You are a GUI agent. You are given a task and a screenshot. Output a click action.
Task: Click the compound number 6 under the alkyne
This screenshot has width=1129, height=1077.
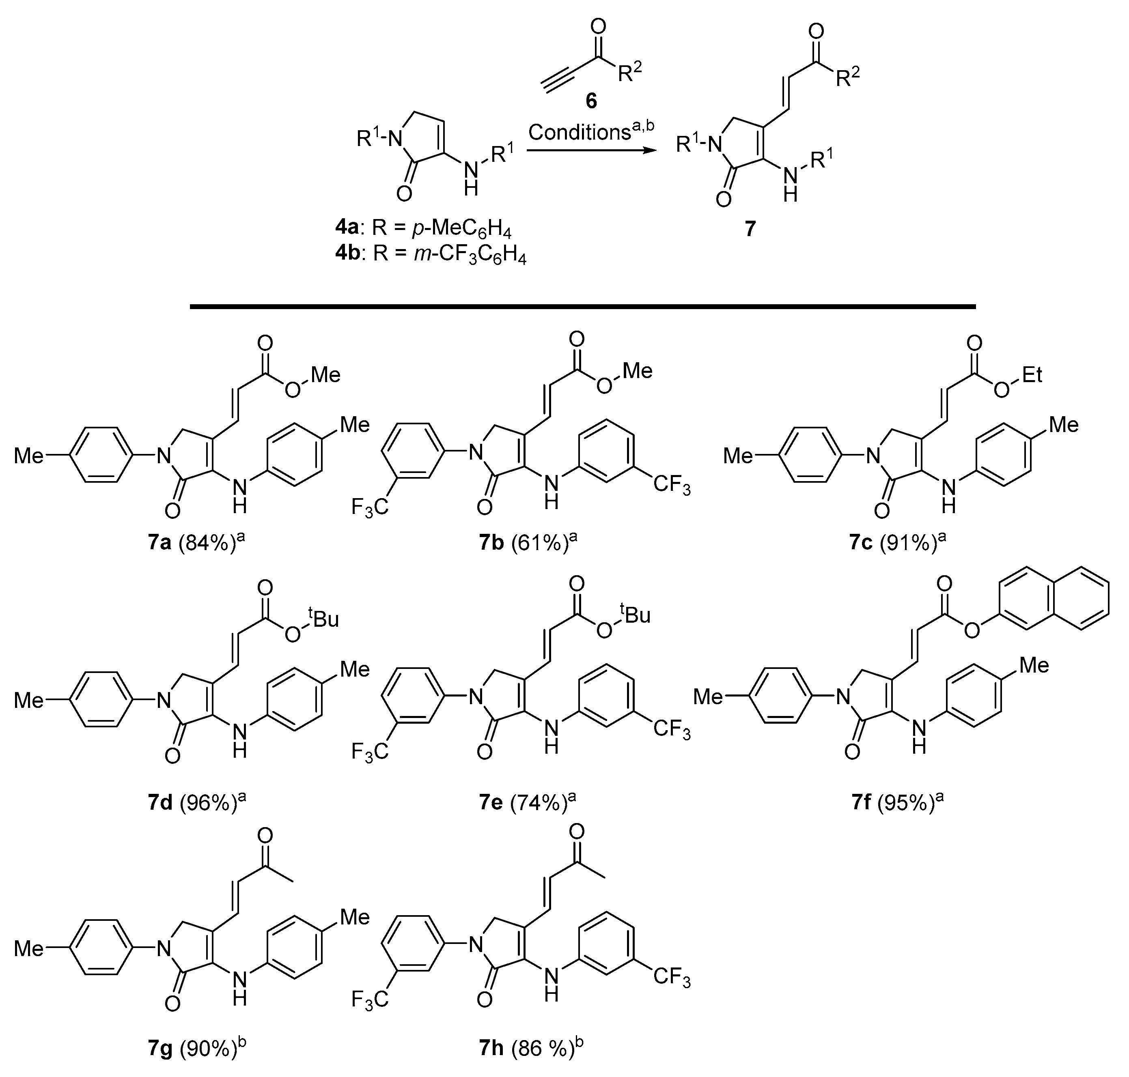pyautogui.click(x=591, y=101)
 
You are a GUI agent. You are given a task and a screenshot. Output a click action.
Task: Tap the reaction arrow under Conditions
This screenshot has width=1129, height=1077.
pyautogui.click(x=592, y=151)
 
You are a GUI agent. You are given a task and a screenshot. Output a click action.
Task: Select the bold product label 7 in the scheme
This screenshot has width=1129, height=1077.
pyautogui.click(x=750, y=230)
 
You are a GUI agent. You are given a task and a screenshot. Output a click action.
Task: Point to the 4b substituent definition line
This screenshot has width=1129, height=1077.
pyautogui.click(x=431, y=253)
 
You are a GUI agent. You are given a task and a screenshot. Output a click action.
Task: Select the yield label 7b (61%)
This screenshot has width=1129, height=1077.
pyautogui.click(x=527, y=542)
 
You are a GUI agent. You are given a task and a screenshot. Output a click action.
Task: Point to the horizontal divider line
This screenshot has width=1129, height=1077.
pyautogui.click(x=583, y=307)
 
